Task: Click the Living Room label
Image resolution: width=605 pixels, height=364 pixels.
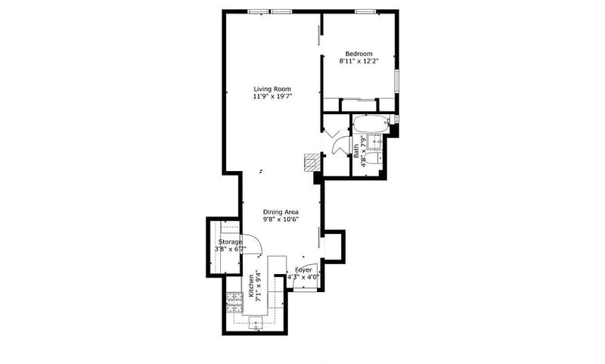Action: (x=272, y=89)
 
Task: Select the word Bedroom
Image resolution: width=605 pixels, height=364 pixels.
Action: (x=358, y=54)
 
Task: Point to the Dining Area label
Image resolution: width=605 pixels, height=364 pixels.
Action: (x=281, y=212)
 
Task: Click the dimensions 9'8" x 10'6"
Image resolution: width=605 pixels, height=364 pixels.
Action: (x=281, y=219)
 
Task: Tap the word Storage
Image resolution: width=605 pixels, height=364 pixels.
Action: (x=231, y=242)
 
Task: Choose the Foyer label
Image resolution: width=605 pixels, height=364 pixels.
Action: (x=303, y=270)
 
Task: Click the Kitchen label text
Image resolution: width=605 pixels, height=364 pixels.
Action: (x=251, y=285)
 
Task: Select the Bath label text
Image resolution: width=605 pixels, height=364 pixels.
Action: (x=355, y=151)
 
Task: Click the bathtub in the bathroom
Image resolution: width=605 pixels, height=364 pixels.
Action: (x=371, y=123)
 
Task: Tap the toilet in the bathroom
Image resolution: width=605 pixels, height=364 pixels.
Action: (x=373, y=159)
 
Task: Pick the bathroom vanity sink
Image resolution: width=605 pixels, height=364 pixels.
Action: (x=374, y=142)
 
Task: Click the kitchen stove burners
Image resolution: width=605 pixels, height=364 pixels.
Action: (x=234, y=302)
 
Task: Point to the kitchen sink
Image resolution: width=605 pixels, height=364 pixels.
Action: (x=256, y=322)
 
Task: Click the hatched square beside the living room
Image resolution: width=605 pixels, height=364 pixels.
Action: (x=312, y=163)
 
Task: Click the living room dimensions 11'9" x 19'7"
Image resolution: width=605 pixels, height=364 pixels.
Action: (x=272, y=97)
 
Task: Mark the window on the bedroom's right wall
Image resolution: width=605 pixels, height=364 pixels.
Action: (x=396, y=81)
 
